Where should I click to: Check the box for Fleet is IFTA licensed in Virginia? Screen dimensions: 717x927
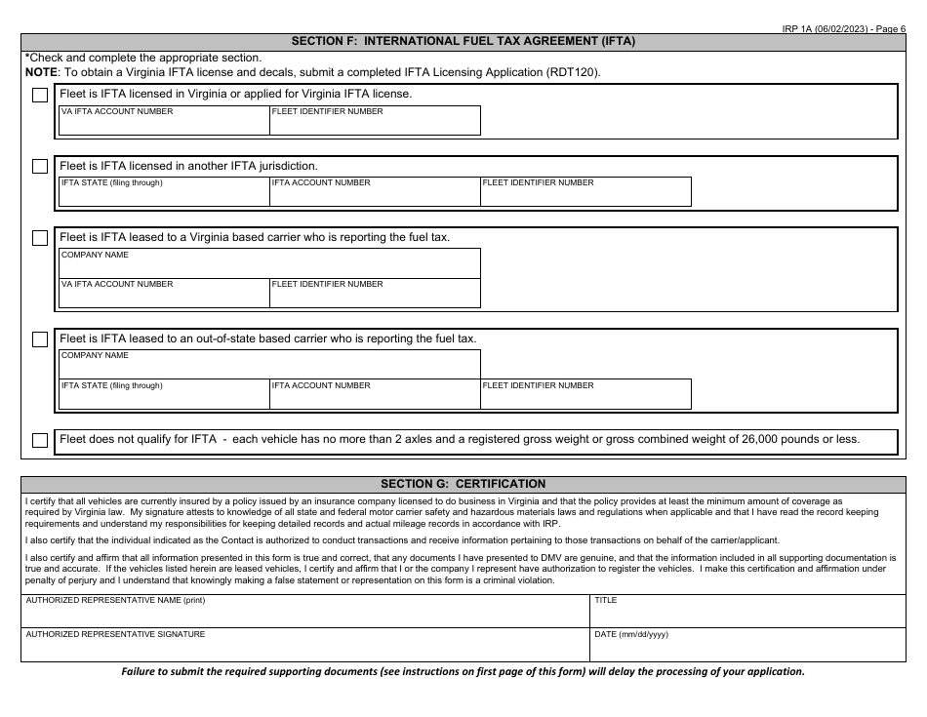tap(40, 96)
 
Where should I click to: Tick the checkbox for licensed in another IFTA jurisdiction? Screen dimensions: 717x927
tap(40, 167)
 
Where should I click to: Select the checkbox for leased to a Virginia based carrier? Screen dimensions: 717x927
tap(40, 238)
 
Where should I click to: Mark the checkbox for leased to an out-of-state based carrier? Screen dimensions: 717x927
tap(40, 339)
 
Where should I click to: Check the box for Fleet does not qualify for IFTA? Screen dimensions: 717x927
tap(40, 440)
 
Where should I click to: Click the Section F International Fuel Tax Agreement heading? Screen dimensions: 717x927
tap(463, 42)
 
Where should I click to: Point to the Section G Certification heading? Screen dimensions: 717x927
tap(463, 484)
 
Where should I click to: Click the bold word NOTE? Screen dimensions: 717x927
tap(41, 72)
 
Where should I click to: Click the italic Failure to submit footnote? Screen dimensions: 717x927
tap(463, 672)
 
